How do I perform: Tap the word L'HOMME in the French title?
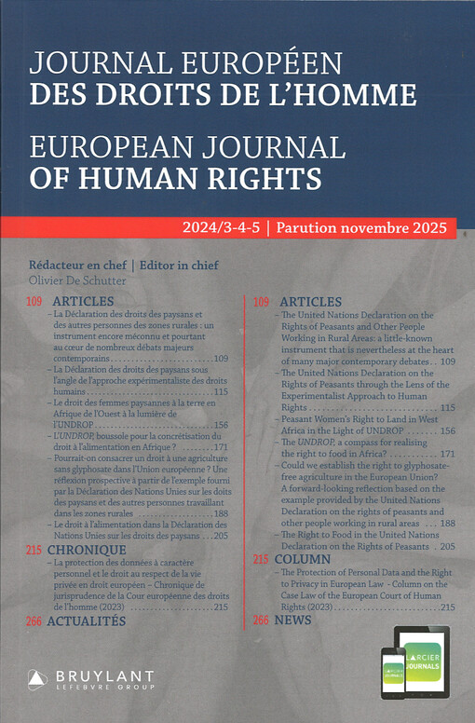(347, 95)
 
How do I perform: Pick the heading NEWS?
(293, 620)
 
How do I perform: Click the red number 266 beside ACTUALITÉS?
(34, 620)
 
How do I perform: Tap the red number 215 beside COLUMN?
(260, 559)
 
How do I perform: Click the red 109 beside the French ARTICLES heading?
(34, 302)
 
